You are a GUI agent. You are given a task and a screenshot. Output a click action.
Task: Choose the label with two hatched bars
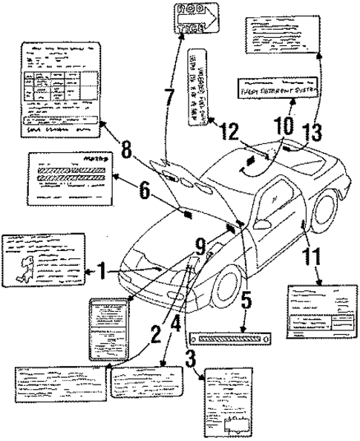(x=68, y=178)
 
